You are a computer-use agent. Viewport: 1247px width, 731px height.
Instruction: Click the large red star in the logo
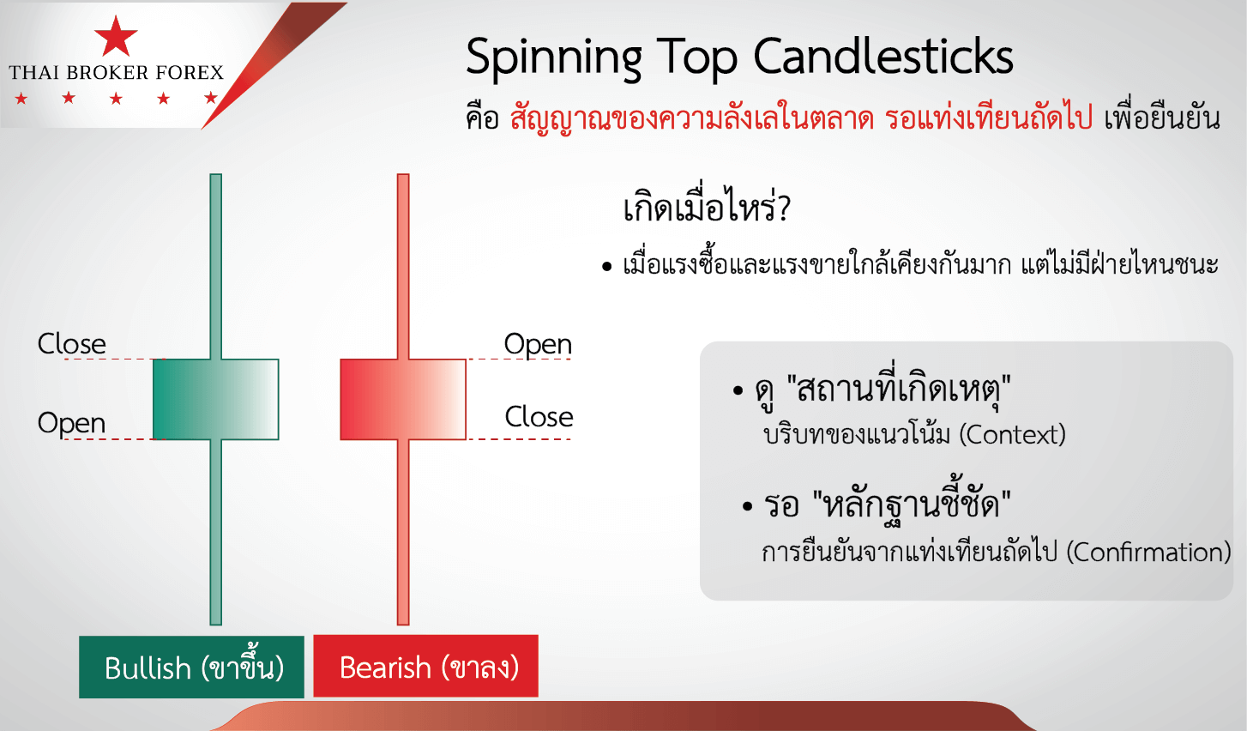(x=116, y=37)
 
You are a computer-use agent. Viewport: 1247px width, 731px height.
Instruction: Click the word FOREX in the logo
(x=190, y=72)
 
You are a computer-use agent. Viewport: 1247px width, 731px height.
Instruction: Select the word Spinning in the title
(x=554, y=58)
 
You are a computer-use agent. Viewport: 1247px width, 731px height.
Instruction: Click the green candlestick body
(x=216, y=399)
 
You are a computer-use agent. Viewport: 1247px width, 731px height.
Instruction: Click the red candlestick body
(x=403, y=399)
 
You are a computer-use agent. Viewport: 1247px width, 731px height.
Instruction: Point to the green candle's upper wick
(x=216, y=266)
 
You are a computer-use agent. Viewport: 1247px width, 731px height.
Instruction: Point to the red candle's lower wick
(x=403, y=532)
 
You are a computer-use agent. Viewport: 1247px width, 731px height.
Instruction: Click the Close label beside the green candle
(x=72, y=343)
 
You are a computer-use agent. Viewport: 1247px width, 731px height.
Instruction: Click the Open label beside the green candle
(x=72, y=423)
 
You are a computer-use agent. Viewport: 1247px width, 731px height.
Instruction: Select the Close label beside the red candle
(x=539, y=416)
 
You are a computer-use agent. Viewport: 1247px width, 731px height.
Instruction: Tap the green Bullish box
(x=191, y=667)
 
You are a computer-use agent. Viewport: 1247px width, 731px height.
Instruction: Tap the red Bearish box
(x=426, y=666)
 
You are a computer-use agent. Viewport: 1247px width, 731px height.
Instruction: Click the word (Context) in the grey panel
(x=1013, y=435)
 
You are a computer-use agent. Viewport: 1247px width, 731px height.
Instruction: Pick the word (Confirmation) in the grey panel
(x=1149, y=553)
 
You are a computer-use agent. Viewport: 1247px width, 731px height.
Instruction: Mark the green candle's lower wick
(x=216, y=532)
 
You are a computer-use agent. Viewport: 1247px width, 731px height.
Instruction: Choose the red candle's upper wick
(x=403, y=266)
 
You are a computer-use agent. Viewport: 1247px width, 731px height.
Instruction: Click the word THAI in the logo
(x=33, y=72)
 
